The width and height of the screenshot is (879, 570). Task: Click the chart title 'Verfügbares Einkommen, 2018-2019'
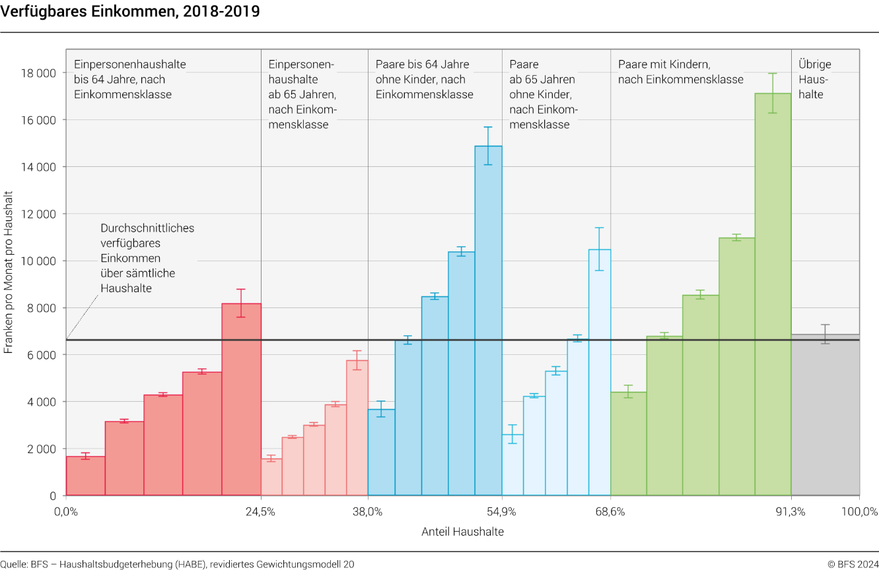click(x=130, y=11)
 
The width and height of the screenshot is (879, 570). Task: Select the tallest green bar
click(x=773, y=294)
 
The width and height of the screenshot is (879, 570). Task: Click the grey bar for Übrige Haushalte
click(x=826, y=415)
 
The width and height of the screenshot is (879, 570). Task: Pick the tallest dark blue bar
click(x=488, y=321)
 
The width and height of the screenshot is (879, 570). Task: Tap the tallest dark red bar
click(x=241, y=400)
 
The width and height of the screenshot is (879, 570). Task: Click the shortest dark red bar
click(x=86, y=476)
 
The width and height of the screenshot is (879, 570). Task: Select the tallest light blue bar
click(x=600, y=373)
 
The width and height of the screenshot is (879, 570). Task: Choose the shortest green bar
click(x=629, y=444)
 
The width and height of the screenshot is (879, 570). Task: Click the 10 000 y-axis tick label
click(x=38, y=261)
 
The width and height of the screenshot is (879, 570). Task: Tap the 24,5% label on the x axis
click(x=261, y=511)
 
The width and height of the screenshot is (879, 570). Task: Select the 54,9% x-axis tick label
click(x=501, y=511)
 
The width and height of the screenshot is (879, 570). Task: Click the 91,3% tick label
click(x=791, y=511)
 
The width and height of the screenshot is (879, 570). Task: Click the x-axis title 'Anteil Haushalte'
click(x=463, y=532)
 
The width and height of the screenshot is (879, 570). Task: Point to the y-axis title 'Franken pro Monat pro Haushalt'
click(x=8, y=272)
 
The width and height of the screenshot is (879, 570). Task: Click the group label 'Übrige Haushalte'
click(x=815, y=79)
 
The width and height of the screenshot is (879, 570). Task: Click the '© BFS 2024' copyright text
click(x=853, y=564)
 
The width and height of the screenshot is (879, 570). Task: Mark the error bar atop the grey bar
click(x=826, y=334)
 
